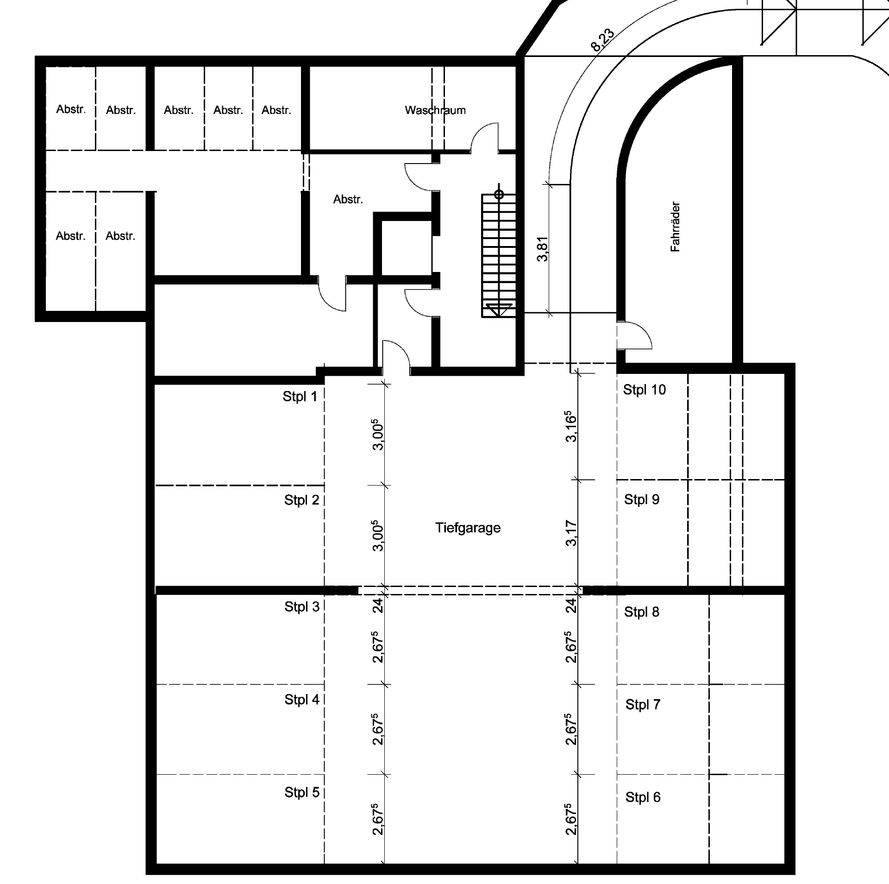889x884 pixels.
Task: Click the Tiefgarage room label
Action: [x=468, y=528]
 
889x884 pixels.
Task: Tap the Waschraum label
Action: [x=435, y=110]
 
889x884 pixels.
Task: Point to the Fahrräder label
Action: [x=675, y=227]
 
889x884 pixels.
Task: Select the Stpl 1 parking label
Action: [x=300, y=397]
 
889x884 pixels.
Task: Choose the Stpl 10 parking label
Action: [x=644, y=390]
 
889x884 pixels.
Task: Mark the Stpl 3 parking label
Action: [x=302, y=607]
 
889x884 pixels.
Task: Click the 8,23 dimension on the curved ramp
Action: [x=602, y=40]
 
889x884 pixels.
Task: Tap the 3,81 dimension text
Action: [x=542, y=249]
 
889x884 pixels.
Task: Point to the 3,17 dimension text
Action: [x=571, y=533]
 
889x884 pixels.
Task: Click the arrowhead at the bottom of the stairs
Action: [x=499, y=309]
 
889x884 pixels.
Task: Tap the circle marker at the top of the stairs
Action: [x=499, y=194]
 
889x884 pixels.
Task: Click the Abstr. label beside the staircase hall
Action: [x=348, y=200]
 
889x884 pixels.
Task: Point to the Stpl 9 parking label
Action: [x=641, y=499]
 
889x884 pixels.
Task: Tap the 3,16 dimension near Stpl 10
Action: [x=571, y=426]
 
